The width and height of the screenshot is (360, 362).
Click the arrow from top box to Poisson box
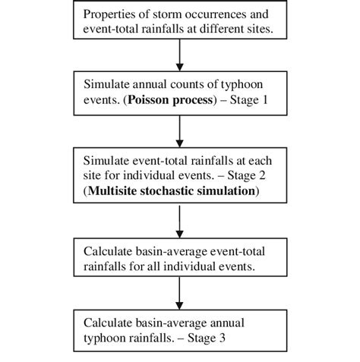(179, 55)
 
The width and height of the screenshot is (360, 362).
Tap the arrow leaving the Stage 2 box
(179, 221)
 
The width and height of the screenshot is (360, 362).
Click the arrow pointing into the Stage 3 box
(179, 292)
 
